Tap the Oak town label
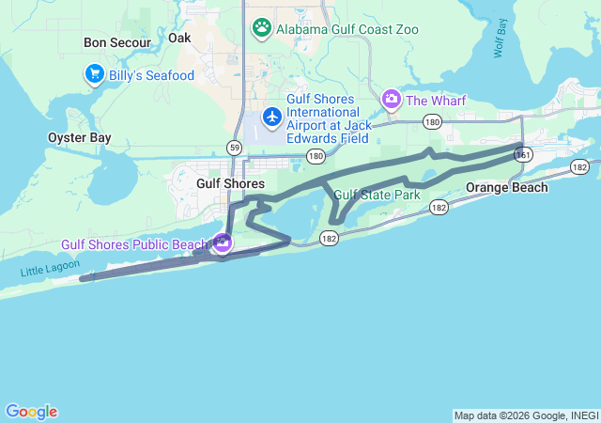tap(178, 38)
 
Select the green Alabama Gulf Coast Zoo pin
tap(262, 28)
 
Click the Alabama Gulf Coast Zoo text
tap(347, 29)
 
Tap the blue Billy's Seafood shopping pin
tap(94, 74)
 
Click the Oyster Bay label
tap(80, 137)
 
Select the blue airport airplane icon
tap(272, 117)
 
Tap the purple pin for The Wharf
tap(391, 99)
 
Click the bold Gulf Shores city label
tap(231, 183)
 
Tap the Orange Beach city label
tap(507, 187)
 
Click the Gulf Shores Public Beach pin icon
tap(223, 243)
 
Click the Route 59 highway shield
tap(233, 147)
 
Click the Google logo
tap(31, 412)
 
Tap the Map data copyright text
tap(526, 415)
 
